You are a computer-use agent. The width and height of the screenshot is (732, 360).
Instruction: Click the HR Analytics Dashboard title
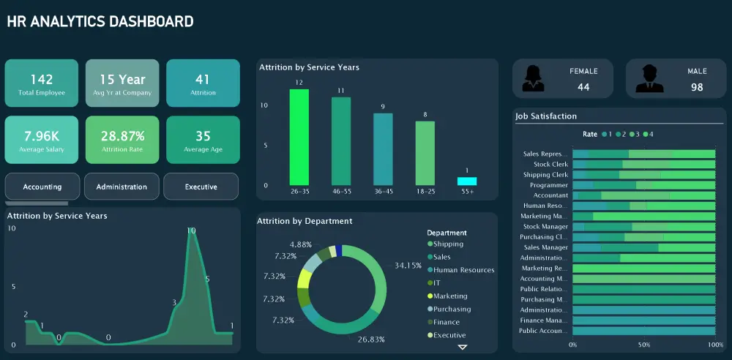100,22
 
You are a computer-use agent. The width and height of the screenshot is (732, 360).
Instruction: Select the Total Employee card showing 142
42,83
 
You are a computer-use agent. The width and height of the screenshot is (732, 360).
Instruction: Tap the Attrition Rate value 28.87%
122,136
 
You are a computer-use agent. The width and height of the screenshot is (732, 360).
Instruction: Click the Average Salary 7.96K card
42,140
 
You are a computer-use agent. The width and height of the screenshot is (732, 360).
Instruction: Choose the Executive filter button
201,187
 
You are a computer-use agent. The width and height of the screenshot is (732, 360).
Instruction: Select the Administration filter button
122,187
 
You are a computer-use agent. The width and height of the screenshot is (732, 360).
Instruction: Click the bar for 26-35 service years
299,137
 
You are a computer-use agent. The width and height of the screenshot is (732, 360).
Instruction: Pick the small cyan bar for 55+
467,181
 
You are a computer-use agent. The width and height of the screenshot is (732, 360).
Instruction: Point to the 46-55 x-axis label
341,192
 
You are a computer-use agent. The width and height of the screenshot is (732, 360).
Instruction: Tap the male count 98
697,87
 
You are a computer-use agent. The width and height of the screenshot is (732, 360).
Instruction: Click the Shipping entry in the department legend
447,244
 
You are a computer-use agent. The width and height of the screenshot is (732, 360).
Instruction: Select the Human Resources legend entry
463,270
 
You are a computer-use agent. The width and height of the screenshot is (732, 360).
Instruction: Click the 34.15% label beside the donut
408,265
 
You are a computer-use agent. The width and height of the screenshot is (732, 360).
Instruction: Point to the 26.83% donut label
371,340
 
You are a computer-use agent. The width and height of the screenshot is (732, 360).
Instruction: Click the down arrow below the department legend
462,347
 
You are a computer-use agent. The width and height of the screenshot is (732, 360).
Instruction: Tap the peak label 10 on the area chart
191,230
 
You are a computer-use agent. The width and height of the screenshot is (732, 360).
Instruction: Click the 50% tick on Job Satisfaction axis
643,344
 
